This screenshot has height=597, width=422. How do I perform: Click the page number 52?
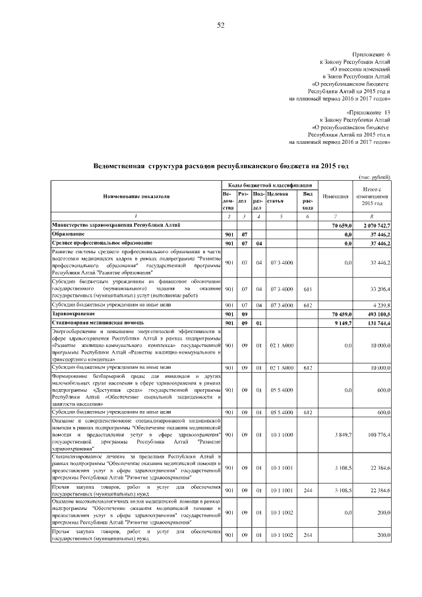(x=221, y=26)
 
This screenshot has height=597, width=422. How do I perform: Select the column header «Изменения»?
(x=335, y=197)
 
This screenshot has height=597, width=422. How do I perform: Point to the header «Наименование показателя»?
(x=136, y=197)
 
